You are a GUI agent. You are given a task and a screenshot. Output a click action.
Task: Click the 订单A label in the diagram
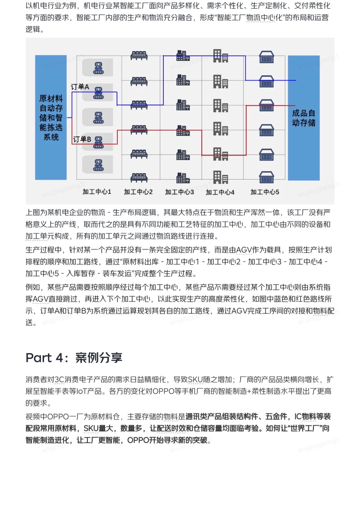pos(80,87)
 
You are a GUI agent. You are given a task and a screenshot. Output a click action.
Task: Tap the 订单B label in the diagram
pos(82,139)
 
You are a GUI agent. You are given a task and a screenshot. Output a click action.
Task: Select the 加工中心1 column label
pos(97,192)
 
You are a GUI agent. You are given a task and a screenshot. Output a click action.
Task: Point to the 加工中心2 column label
pos(138,192)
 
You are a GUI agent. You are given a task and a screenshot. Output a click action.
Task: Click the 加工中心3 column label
pos(179,192)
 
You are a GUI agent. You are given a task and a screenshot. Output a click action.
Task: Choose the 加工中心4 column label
pos(220,192)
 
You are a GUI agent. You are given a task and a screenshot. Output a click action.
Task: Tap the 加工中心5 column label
pos(265,192)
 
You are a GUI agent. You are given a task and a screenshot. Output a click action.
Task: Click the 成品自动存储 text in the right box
pos(303,118)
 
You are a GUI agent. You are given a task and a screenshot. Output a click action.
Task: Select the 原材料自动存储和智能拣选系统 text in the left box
pos(51,118)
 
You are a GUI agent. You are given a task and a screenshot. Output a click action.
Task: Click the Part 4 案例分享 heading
pos(74,358)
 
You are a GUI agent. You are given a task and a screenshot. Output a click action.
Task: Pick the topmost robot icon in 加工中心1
pos(98,68)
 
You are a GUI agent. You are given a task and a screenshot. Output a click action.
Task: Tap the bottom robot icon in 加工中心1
pos(98,165)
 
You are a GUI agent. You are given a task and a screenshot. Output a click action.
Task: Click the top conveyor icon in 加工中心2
pos(139,55)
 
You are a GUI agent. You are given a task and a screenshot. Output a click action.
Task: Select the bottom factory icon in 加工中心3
pos(183,178)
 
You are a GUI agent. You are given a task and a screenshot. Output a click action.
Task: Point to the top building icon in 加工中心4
pos(221,56)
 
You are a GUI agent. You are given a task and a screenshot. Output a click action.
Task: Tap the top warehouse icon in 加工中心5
pos(266,57)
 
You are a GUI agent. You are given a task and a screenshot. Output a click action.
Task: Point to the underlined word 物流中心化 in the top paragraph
pos(264,17)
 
